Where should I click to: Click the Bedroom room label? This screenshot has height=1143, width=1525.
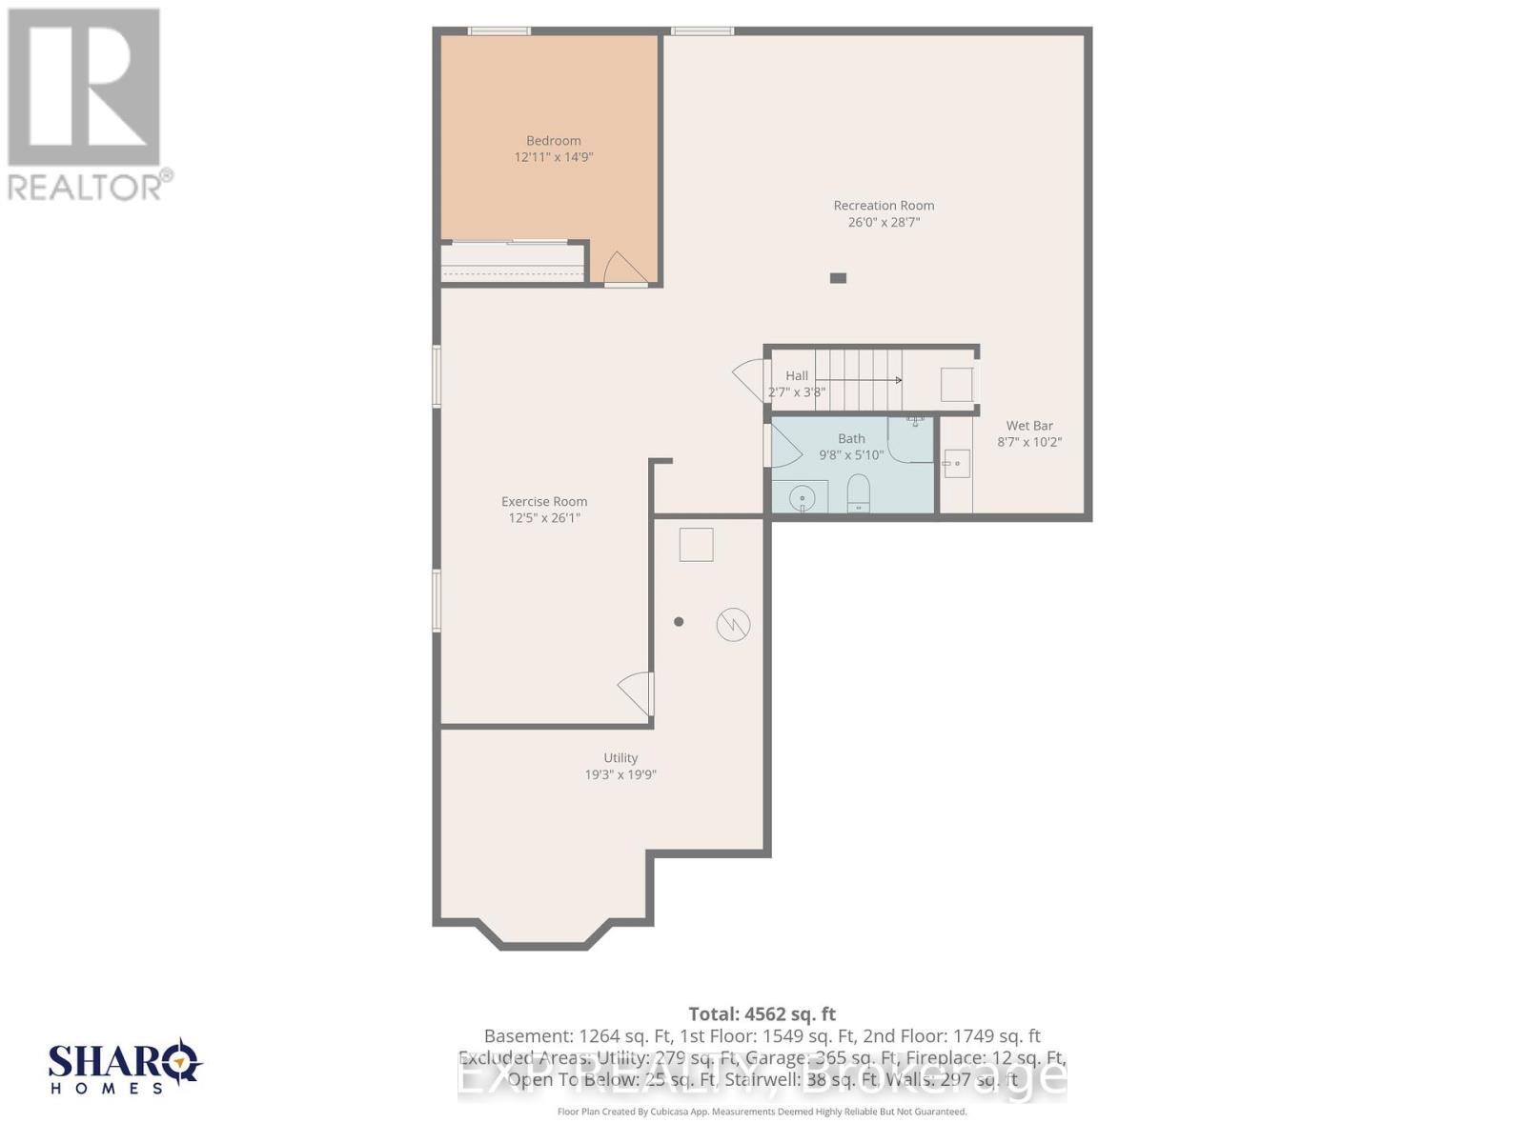pyautogui.click(x=553, y=141)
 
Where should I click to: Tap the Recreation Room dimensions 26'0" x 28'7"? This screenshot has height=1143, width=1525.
pyautogui.click(x=884, y=222)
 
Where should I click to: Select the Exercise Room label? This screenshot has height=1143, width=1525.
pyautogui.click(x=544, y=502)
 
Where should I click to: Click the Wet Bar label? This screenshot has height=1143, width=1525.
pyautogui.click(x=1029, y=426)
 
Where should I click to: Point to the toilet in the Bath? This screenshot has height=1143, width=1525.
pyautogui.click(x=859, y=492)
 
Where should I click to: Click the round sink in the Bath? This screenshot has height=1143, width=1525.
pyautogui.click(x=803, y=497)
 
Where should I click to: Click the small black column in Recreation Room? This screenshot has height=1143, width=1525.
pyautogui.click(x=838, y=278)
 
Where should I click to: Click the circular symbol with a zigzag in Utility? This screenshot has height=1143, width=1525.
pyautogui.click(x=733, y=625)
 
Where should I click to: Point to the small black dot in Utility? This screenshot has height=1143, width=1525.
pyautogui.click(x=679, y=622)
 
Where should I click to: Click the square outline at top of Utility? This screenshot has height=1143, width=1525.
pyautogui.click(x=696, y=545)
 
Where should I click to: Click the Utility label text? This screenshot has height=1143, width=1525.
pyautogui.click(x=620, y=758)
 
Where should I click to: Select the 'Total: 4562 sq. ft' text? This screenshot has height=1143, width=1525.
pyautogui.click(x=762, y=1014)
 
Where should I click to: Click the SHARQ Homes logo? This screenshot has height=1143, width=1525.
pyautogui.click(x=125, y=1067)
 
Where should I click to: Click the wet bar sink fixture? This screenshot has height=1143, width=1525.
pyautogui.click(x=956, y=464)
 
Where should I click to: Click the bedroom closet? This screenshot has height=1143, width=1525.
pyautogui.click(x=513, y=262)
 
